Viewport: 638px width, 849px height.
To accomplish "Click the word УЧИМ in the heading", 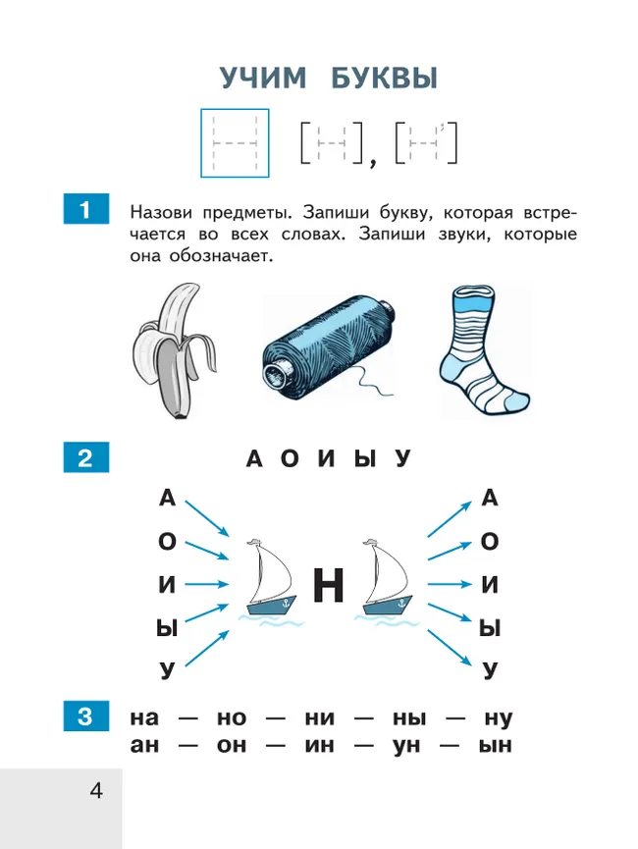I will tap(263, 80).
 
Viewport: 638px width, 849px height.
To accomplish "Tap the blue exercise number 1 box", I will tap(85, 210).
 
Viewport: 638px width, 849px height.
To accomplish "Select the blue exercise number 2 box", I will tap(85, 458).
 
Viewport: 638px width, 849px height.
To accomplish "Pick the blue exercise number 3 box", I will tap(85, 717).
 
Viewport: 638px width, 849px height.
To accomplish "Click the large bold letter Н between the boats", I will tap(328, 586).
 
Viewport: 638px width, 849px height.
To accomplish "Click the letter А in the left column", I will tap(167, 499).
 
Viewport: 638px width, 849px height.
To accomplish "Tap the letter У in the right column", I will tap(490, 670).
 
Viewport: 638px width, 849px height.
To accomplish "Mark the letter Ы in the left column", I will tap(167, 628).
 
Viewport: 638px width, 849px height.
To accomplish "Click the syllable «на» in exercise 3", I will tap(145, 718).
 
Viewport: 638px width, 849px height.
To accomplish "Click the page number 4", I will tap(95, 790).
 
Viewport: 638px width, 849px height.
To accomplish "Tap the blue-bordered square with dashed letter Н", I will tap(235, 142).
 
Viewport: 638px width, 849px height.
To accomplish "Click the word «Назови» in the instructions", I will tap(164, 212).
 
